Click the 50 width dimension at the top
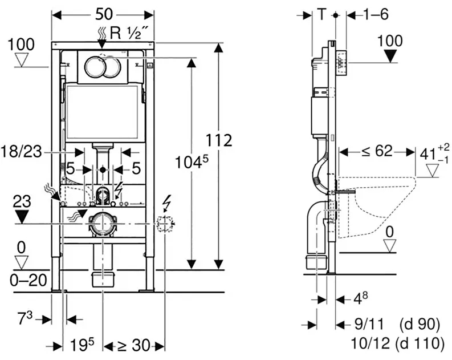click(104, 14)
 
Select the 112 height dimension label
click(219, 141)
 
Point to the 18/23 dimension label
click(21, 152)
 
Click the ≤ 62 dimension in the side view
click(377, 151)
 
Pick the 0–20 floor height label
click(28, 280)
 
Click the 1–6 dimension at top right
click(376, 14)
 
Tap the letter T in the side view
click(321, 14)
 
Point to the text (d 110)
click(420, 343)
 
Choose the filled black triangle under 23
click(22, 217)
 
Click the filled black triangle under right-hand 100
click(390, 56)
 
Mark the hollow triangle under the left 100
click(22, 60)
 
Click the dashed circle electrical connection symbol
click(165, 224)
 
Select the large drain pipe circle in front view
click(103, 224)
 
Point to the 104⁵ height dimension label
click(192, 162)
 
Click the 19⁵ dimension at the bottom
click(83, 345)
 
